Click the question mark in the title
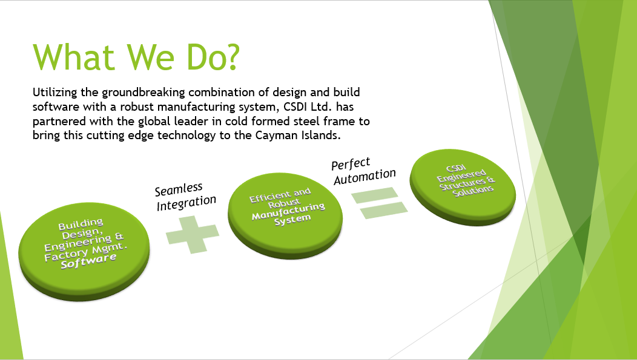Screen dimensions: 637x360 (x=231, y=57)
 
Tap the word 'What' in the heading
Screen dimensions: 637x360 (x=73, y=57)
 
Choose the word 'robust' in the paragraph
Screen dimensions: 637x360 (x=137, y=106)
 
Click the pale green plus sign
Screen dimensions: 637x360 (x=193, y=235)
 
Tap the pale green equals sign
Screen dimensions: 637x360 (x=380, y=203)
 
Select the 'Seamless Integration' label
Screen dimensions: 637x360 (x=185, y=197)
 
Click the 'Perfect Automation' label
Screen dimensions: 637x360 (x=363, y=171)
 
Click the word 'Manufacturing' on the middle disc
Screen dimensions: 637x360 (x=288, y=211)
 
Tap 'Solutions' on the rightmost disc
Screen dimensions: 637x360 (x=473, y=191)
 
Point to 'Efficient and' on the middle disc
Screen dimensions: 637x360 (x=280, y=195)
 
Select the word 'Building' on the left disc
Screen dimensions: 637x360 (x=81, y=224)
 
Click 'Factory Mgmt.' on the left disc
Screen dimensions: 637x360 (x=86, y=251)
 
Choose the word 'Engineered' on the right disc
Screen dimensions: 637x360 (x=461, y=175)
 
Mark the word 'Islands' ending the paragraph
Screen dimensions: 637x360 (x=320, y=135)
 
